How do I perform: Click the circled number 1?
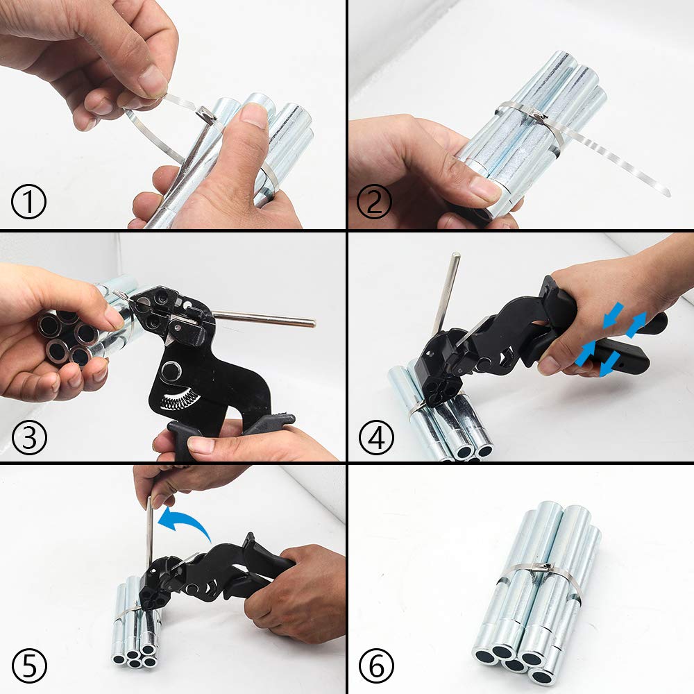tap(28, 202)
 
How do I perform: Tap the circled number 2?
tap(375, 202)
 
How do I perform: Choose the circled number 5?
tap(29, 666)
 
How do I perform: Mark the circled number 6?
tap(376, 666)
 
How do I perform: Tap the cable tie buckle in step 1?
tap(207, 115)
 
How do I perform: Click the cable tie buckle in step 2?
tap(539, 117)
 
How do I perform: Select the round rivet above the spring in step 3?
tap(171, 370)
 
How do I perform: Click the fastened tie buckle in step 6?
tap(541, 567)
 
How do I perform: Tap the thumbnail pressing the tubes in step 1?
tap(253, 115)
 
